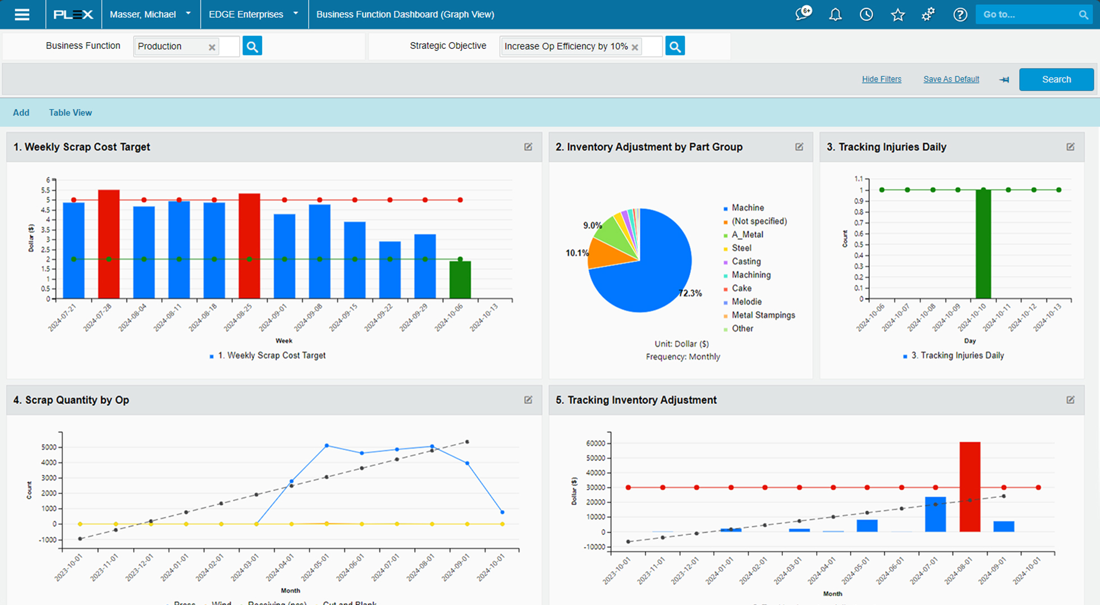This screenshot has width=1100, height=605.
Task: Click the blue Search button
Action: click(x=1056, y=80)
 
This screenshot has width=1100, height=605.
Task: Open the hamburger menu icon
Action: click(x=22, y=15)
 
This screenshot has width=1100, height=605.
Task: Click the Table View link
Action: click(x=70, y=113)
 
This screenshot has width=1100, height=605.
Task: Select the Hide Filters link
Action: click(x=881, y=80)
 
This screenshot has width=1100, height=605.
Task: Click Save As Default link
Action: click(x=951, y=80)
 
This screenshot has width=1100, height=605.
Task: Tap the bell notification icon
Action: click(x=835, y=15)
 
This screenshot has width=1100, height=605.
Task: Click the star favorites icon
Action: click(x=897, y=15)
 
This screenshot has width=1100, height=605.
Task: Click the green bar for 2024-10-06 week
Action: click(x=460, y=279)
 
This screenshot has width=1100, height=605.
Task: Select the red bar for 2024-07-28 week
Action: click(x=108, y=244)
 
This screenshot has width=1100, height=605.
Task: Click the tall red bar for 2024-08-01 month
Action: click(x=969, y=486)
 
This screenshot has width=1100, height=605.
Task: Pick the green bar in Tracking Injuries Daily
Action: click(x=983, y=244)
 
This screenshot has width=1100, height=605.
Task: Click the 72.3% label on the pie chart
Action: click(x=690, y=293)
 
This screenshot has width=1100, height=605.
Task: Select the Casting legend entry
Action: click(x=746, y=262)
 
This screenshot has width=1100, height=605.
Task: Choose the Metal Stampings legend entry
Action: click(x=763, y=316)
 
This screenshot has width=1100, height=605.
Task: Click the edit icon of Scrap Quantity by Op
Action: click(x=528, y=400)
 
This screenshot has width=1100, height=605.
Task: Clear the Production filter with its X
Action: click(x=212, y=47)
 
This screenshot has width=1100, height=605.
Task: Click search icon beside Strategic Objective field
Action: click(x=675, y=47)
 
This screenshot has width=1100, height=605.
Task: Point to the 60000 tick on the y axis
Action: click(x=595, y=444)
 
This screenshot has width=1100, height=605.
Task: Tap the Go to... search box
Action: click(x=1027, y=15)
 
